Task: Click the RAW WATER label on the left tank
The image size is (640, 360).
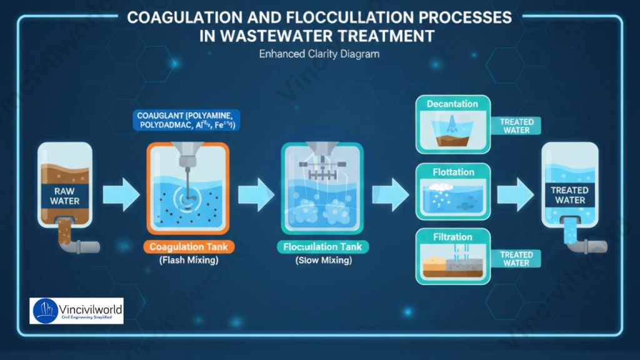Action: [x=65, y=196]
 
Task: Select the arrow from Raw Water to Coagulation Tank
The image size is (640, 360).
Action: [x=121, y=194]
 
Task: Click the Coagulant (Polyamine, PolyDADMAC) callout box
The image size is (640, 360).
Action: [x=185, y=121]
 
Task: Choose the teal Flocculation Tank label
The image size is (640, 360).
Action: [x=322, y=246]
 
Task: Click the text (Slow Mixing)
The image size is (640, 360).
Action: [x=323, y=261]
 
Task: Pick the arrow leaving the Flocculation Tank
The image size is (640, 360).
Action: [x=391, y=194]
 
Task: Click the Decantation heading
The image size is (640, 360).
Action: [x=452, y=104]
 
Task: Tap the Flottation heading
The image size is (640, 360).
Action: [x=453, y=172]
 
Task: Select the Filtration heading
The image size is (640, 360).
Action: [x=452, y=237]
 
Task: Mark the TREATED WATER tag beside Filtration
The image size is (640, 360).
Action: [x=516, y=259]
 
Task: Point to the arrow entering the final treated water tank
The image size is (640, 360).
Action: [x=516, y=194]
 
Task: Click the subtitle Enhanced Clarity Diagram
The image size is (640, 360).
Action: [x=319, y=54]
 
